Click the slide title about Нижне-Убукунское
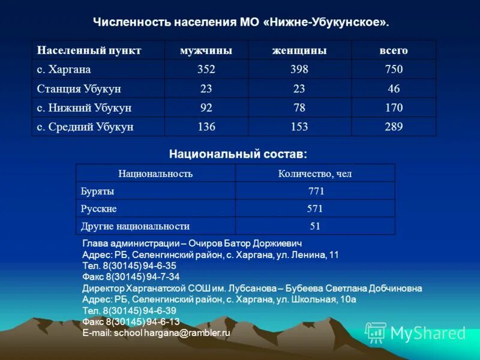(241, 23)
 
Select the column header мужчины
(206, 50)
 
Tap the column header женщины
(299, 50)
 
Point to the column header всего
(394, 50)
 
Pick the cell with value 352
(206, 70)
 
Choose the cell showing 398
(299, 70)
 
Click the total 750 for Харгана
(394, 70)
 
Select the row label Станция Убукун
(79, 89)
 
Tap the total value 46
(394, 89)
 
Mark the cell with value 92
(206, 108)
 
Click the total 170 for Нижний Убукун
(394, 108)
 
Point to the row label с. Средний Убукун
(85, 127)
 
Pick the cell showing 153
(299, 127)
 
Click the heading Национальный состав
(238, 154)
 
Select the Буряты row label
(97, 191)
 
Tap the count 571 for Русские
(315, 209)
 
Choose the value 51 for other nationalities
(315, 226)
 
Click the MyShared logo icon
(376, 332)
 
